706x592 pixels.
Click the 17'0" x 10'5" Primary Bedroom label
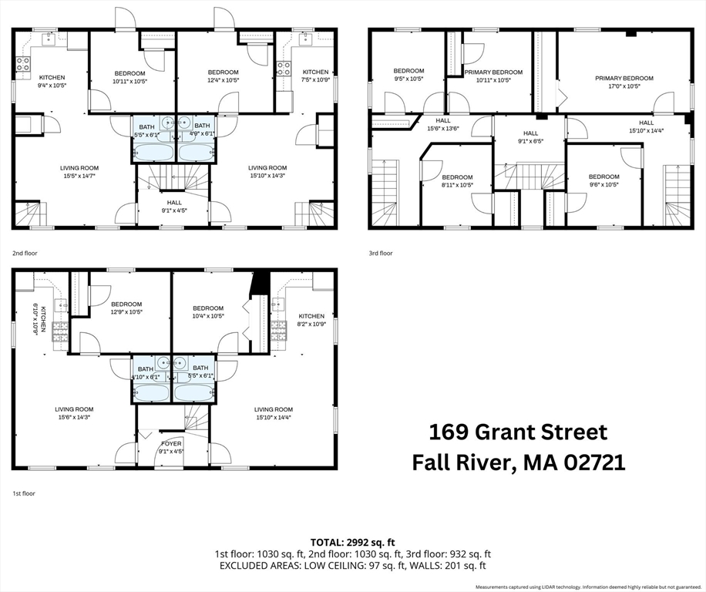coord(624,82)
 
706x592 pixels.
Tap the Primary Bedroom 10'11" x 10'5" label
coord(493,76)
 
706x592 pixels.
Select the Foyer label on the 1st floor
coord(171,448)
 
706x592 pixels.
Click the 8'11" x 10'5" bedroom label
coord(456,180)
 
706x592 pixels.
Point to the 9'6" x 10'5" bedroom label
coord(603,180)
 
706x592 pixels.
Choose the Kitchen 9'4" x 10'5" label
coord(52,81)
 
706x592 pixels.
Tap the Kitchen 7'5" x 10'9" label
coord(315,76)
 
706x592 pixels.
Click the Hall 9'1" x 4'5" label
coord(173,206)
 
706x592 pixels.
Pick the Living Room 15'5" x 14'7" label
coord(79,172)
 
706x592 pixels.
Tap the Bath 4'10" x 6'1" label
coord(146,373)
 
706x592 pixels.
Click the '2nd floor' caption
coord(25,253)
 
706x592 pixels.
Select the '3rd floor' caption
coord(381,253)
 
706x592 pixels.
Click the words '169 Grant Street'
coord(518,432)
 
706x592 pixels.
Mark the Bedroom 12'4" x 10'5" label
coord(223,76)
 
